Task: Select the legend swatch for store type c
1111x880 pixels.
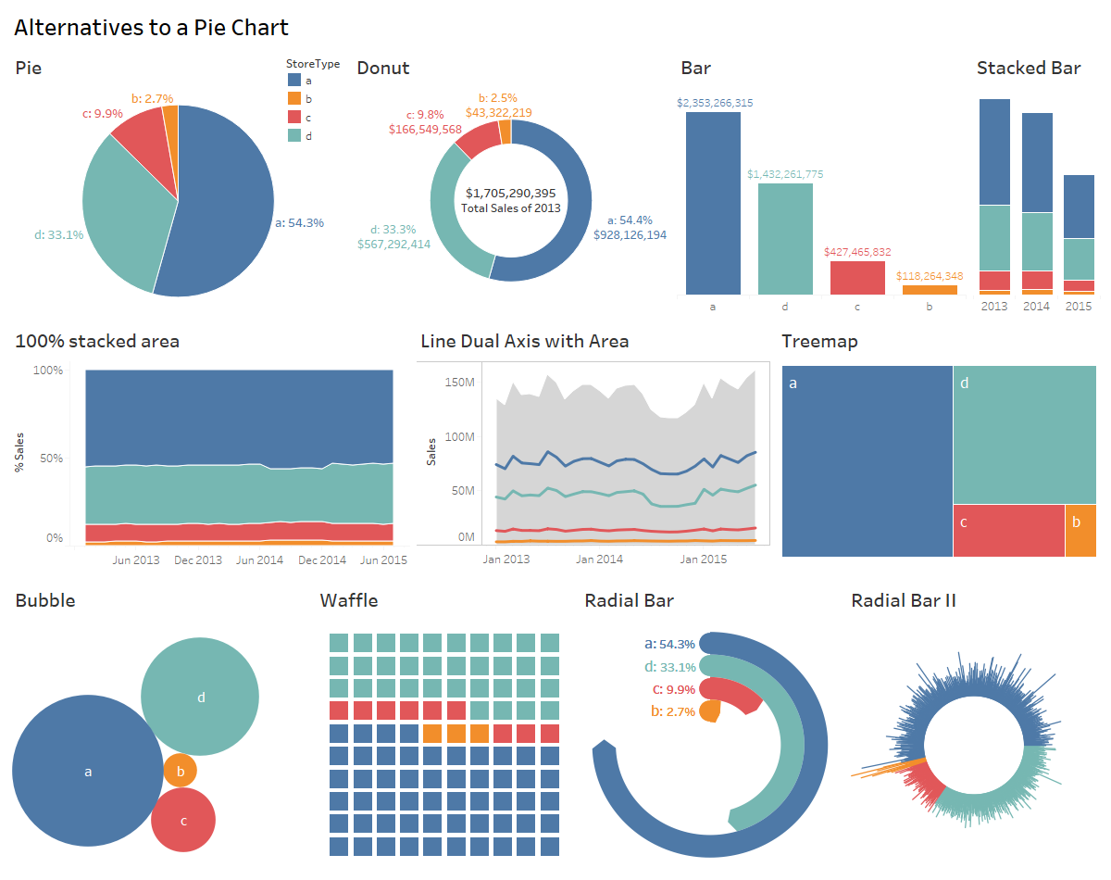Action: (x=294, y=117)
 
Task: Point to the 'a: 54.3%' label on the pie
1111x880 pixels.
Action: (x=299, y=223)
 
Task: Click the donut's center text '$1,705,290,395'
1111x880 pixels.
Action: (x=510, y=193)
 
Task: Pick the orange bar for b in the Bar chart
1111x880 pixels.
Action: (x=930, y=290)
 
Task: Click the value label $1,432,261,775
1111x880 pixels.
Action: (x=785, y=174)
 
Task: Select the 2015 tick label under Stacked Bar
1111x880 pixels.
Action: (x=1078, y=306)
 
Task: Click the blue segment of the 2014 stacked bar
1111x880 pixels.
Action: (x=1037, y=162)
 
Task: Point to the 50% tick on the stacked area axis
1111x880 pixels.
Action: (x=48, y=459)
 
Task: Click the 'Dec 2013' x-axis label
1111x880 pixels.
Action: (x=198, y=560)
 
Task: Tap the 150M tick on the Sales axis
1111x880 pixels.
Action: (x=459, y=382)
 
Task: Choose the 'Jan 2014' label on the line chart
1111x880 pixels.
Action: (x=599, y=559)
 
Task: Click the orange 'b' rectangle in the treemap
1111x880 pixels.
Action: (x=1080, y=530)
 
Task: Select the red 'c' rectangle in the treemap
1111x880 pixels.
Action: (x=1008, y=530)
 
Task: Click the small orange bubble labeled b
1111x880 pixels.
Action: (x=181, y=771)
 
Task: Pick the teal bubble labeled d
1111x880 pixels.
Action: (x=200, y=697)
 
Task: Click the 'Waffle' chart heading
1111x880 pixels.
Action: (x=349, y=600)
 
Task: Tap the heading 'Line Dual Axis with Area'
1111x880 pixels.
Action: (x=524, y=341)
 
